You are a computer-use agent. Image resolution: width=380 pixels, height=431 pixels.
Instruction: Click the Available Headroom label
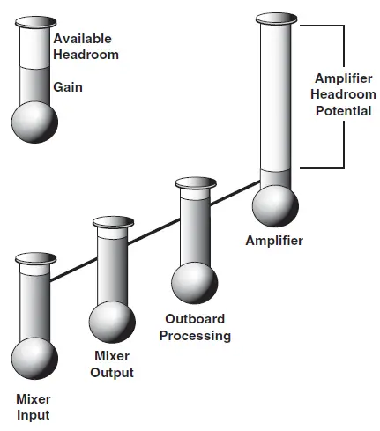click(x=85, y=47)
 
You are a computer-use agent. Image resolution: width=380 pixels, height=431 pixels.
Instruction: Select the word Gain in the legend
click(x=68, y=88)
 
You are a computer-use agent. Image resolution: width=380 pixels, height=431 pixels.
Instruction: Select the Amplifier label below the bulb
click(x=275, y=240)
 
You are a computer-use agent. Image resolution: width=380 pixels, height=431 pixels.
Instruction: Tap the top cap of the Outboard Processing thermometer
click(x=194, y=183)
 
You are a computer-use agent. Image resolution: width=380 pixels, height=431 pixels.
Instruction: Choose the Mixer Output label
click(x=113, y=365)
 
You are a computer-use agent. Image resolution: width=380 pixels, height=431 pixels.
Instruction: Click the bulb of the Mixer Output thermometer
click(x=113, y=322)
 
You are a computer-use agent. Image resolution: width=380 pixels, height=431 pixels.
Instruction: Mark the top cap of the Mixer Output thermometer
click(x=113, y=222)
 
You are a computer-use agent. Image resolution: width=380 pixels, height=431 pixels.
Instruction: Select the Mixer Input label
click(x=34, y=407)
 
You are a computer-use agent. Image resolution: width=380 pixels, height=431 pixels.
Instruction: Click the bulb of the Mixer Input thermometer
click(x=35, y=360)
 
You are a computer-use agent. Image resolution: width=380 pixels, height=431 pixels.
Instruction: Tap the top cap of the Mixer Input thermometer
click(x=35, y=259)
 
